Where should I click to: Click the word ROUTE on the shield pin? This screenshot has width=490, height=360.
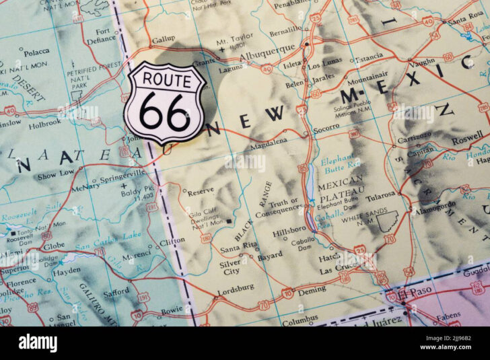(x=165, y=79)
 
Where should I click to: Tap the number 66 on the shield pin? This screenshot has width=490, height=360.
(x=164, y=112)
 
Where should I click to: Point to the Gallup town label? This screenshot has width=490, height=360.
(x=163, y=40)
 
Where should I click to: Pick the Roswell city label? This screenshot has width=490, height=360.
(x=466, y=141)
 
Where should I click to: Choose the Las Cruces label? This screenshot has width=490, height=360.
(x=337, y=270)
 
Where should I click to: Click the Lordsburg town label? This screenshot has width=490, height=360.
(x=236, y=287)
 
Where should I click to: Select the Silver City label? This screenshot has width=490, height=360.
(x=230, y=268)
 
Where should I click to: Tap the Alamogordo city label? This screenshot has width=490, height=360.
(x=439, y=209)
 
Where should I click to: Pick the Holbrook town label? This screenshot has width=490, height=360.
(x=44, y=123)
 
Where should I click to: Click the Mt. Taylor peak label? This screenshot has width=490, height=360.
(x=235, y=38)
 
